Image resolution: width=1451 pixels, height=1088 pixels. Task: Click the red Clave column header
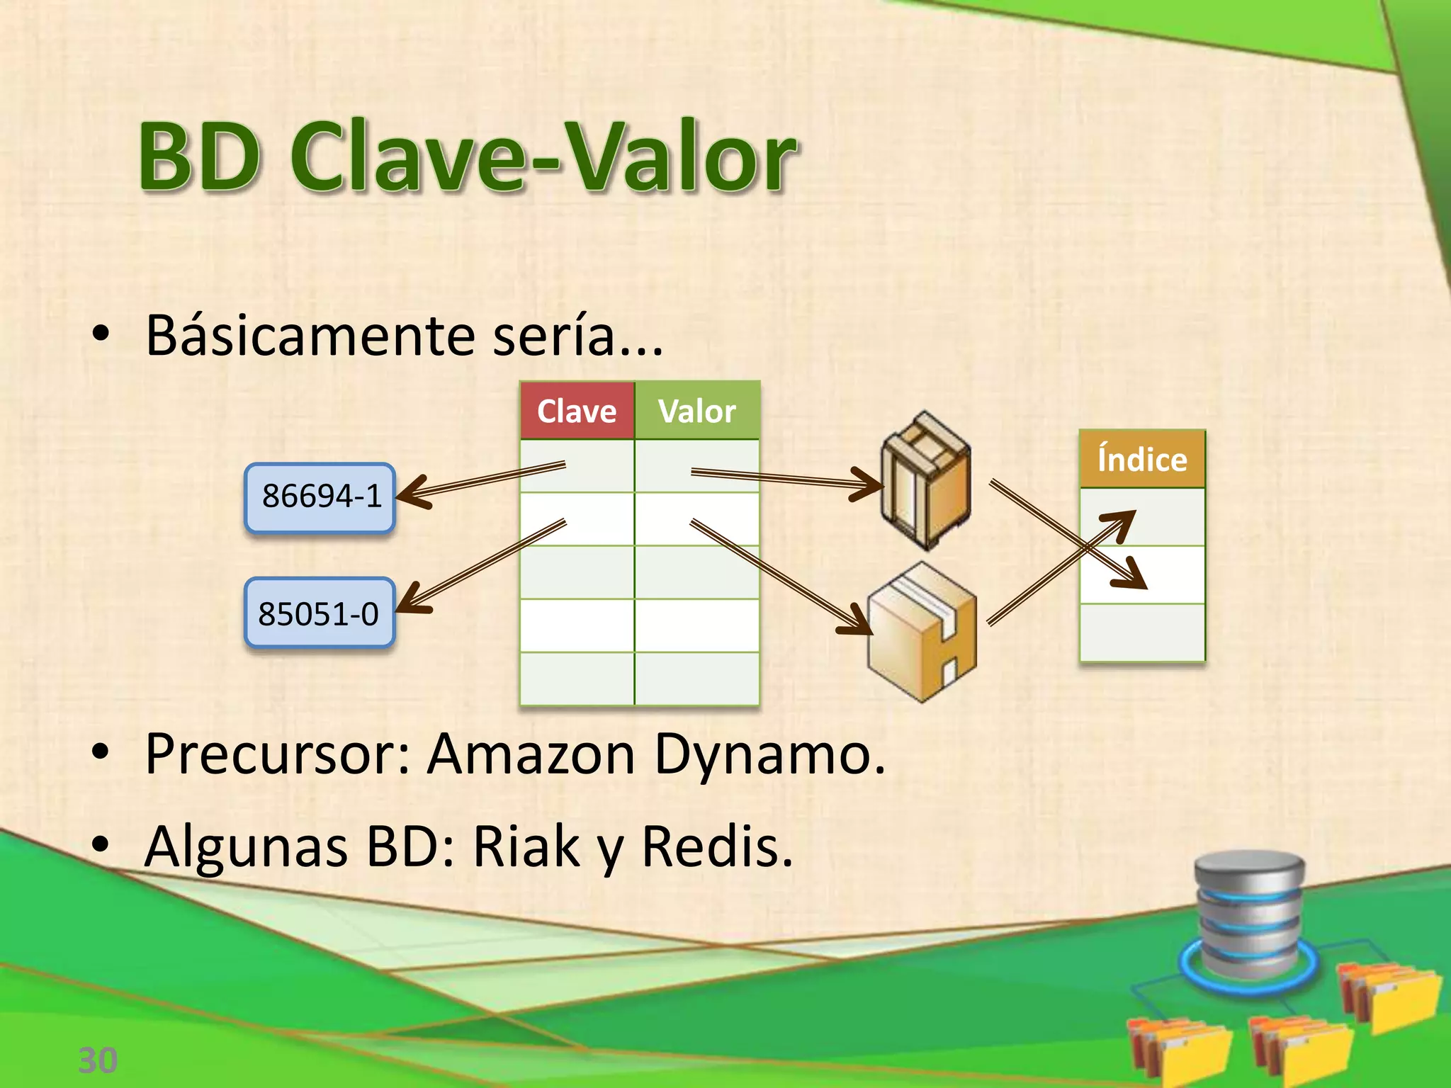tap(577, 411)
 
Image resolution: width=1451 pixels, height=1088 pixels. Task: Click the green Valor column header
tap(697, 411)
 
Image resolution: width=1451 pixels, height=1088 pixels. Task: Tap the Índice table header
tap(1142, 459)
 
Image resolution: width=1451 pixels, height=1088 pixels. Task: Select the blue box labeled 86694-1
tap(320, 497)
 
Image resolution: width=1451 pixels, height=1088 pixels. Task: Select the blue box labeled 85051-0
tap(320, 613)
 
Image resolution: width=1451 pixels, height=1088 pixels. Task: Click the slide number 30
tap(98, 1060)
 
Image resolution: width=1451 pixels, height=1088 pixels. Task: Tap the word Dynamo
tap(769, 754)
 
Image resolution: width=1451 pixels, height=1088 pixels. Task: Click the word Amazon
tap(531, 754)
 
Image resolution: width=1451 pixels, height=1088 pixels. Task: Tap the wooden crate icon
tap(925, 480)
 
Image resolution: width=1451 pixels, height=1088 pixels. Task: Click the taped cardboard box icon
tap(922, 632)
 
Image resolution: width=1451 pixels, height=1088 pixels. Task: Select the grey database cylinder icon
tap(1249, 914)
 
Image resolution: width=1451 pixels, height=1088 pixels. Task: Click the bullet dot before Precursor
tap(101, 754)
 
